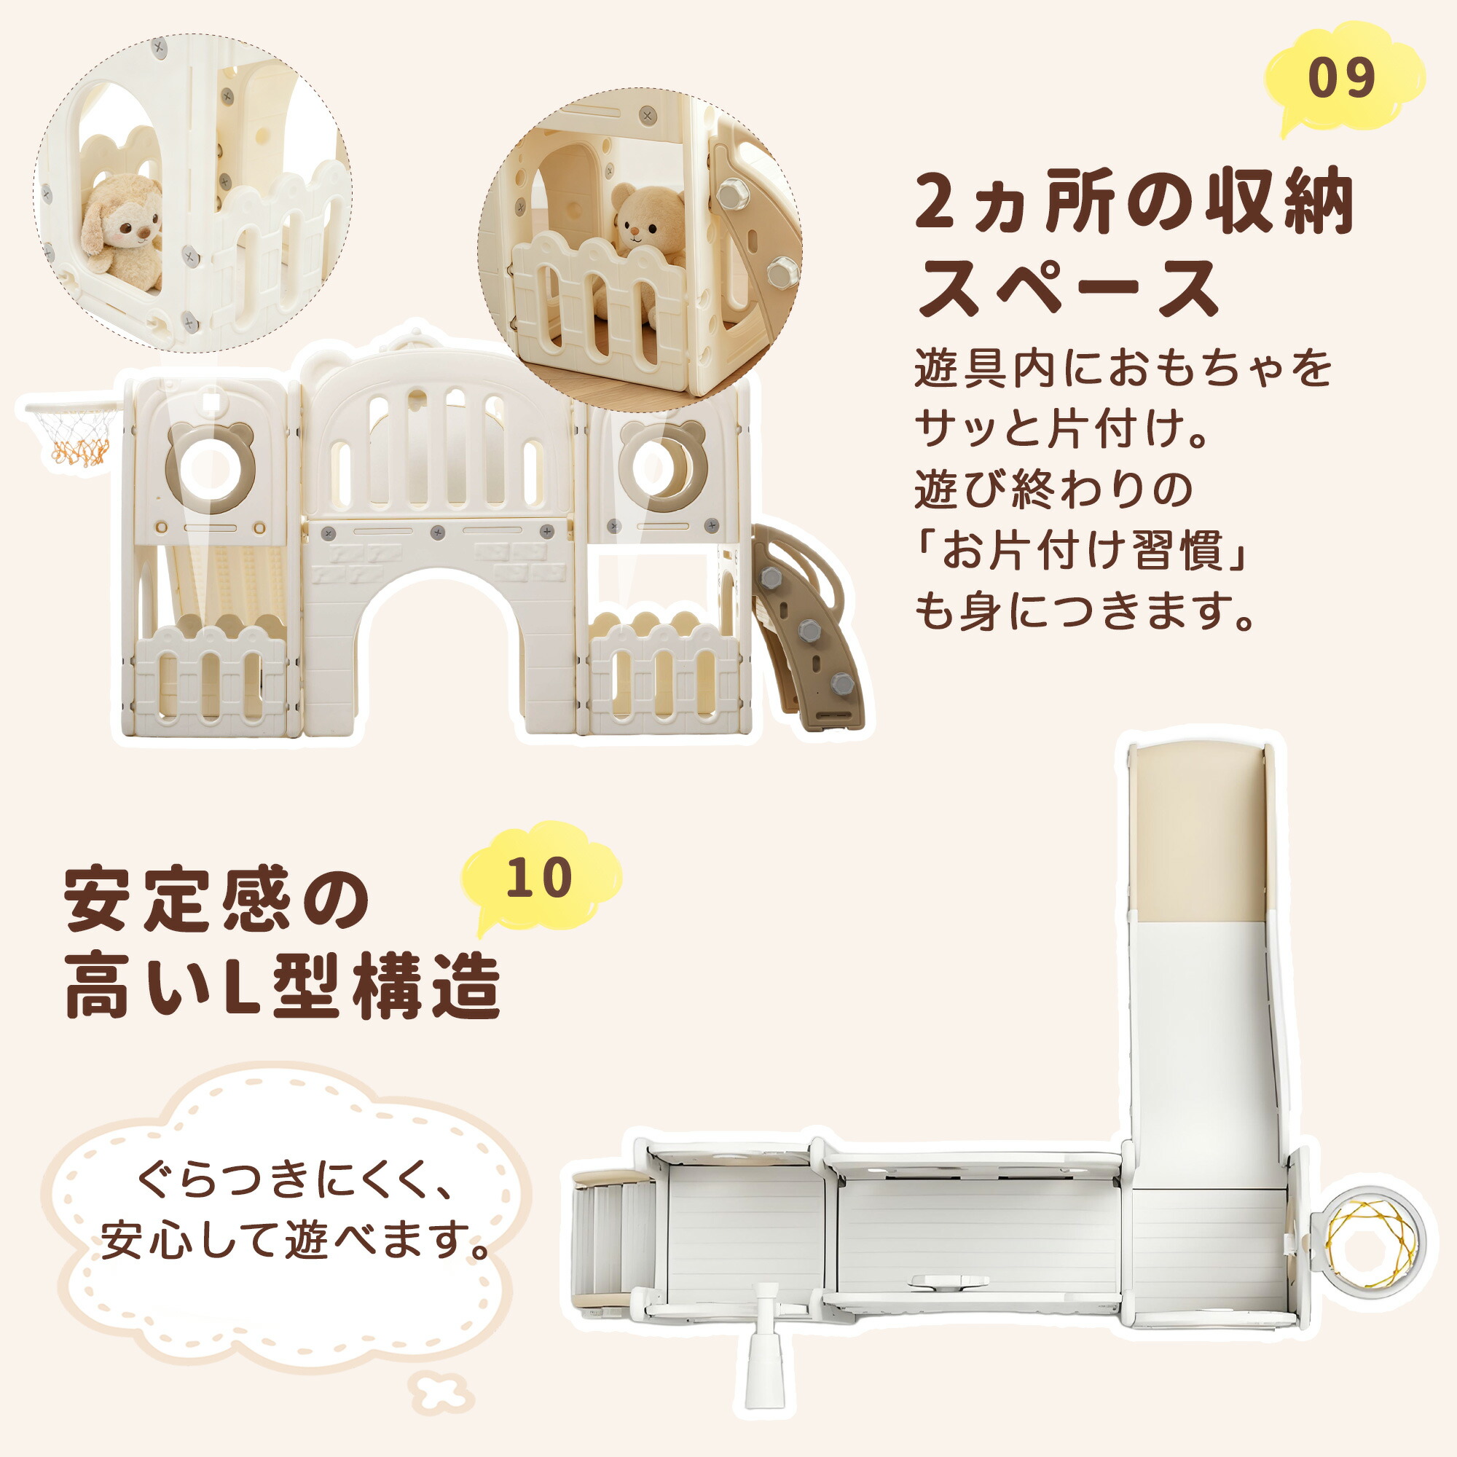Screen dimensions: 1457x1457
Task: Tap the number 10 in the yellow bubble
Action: [x=540, y=876]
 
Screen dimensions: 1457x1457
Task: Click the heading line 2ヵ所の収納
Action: [x=1134, y=201]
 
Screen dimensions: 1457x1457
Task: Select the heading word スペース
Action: [x=1067, y=287]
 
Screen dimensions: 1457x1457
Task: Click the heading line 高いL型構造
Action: [x=283, y=987]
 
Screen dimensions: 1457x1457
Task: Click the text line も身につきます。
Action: [x=1086, y=612]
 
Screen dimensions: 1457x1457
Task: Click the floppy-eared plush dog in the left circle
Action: [x=121, y=230]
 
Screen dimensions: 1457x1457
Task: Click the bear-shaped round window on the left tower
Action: [x=210, y=467]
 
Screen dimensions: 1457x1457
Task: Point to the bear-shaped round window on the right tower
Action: [x=662, y=466]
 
